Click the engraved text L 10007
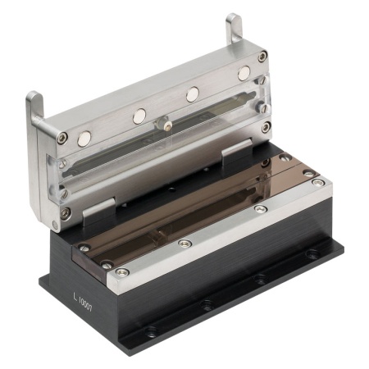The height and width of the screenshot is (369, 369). point(83,302)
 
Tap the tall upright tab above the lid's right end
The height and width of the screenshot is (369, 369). point(234,28)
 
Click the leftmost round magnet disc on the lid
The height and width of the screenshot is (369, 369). point(84,139)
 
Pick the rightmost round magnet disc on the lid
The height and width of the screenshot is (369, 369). point(244,73)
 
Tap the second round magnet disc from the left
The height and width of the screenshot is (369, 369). point(139,116)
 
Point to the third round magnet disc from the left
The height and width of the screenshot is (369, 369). point(193,94)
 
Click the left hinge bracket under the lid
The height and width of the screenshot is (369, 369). point(99,211)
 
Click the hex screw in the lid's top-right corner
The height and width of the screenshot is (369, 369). point(262,57)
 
